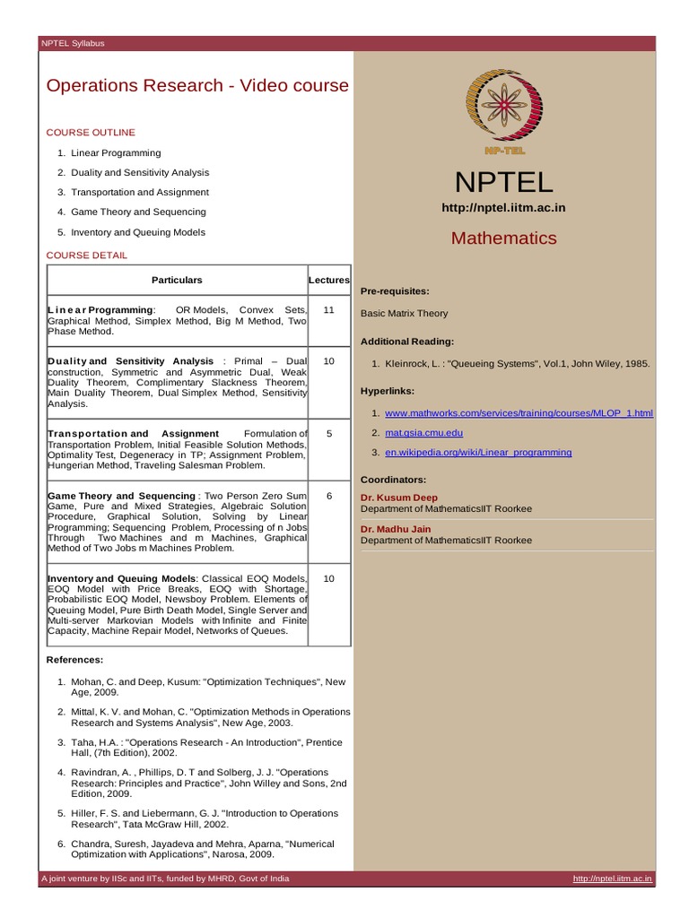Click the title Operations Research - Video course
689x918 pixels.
(196, 86)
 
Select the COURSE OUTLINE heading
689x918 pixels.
(90, 133)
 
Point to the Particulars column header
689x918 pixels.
(177, 281)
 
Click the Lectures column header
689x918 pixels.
(328, 281)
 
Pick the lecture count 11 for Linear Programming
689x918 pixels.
(328, 310)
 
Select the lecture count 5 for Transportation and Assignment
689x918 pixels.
(328, 434)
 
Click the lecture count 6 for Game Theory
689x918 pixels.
(328, 496)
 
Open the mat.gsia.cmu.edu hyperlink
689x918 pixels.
(423, 433)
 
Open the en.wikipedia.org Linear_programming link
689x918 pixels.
(477, 453)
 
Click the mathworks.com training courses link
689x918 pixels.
(519, 413)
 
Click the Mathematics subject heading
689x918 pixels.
(503, 238)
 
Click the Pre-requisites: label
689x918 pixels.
(395, 292)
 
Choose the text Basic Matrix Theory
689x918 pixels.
(404, 314)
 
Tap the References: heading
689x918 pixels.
(74, 660)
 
